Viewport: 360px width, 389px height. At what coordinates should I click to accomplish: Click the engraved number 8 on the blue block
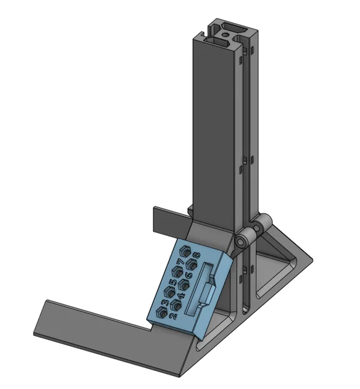coord(196,255)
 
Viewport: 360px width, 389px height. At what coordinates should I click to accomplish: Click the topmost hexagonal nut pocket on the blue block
coord(184,251)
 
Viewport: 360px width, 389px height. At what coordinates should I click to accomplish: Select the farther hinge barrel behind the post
coord(264,222)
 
